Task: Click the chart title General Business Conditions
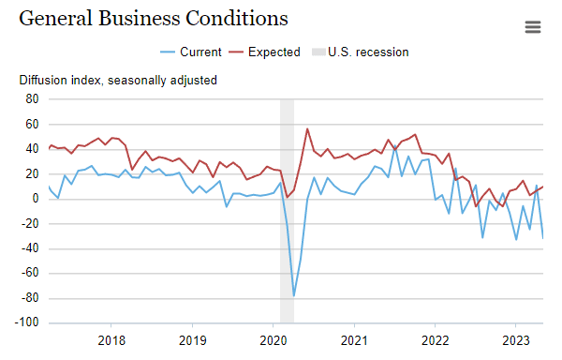(154, 19)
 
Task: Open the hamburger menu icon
(533, 27)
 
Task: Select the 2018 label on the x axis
(111, 339)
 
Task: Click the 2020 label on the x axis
(273, 339)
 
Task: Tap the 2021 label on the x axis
(354, 339)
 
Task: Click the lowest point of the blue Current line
(294, 295)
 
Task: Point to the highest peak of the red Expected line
(307, 129)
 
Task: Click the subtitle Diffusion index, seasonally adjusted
(118, 80)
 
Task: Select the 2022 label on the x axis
(435, 339)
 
